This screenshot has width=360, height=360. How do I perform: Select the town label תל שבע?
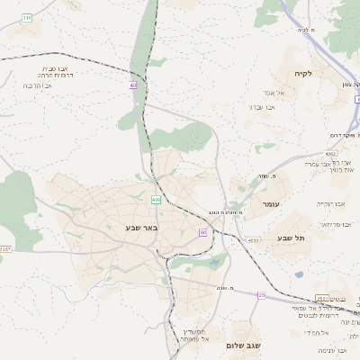tap(291, 238)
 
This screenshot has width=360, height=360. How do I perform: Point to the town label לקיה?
tap(302, 74)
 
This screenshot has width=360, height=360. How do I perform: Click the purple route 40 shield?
tap(133, 85)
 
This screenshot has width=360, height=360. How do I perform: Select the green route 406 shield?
tap(156, 200)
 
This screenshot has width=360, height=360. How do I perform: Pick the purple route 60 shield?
tap(203, 232)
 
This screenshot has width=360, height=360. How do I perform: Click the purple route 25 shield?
tap(262, 294)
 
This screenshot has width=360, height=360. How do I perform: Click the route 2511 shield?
tap(321, 298)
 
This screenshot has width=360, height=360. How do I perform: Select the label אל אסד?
tap(274, 93)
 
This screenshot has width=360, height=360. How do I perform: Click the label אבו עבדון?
tap(261, 107)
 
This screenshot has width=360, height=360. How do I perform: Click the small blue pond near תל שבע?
tap(298, 274)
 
